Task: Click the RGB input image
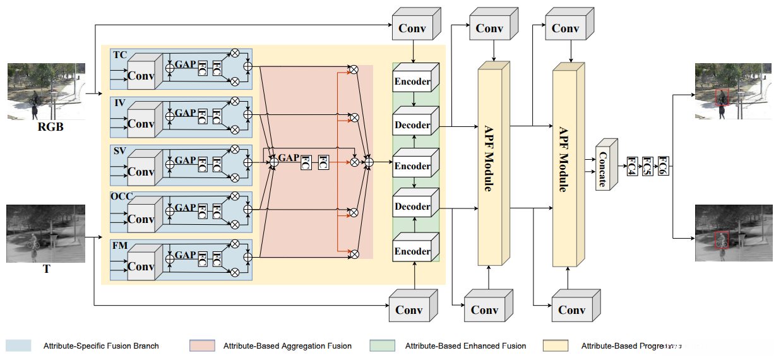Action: click(45, 91)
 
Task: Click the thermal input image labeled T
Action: click(45, 233)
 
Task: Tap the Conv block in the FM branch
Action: click(141, 266)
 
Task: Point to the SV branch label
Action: click(119, 150)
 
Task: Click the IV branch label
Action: click(119, 102)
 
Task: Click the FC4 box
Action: click(631, 167)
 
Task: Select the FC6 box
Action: click(662, 165)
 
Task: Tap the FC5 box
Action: click(647, 167)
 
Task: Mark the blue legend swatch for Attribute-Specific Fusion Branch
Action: click(18, 345)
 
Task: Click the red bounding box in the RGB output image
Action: click(721, 98)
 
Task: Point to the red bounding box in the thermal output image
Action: click(721, 239)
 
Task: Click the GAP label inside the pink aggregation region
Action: click(289, 158)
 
